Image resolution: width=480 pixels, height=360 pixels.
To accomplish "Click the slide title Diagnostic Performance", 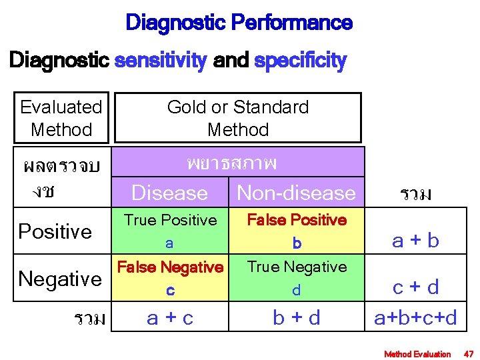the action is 239,24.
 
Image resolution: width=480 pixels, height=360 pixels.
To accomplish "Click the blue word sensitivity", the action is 161,61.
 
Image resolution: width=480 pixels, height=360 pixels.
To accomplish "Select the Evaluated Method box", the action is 61,118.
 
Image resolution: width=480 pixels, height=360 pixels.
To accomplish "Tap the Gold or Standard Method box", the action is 238,118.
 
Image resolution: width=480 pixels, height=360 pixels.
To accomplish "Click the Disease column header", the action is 170,193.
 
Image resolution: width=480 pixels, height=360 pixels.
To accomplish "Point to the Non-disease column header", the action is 297,193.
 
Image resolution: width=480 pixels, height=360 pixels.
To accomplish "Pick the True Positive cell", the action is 170,231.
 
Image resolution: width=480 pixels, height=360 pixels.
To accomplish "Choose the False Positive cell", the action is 297,231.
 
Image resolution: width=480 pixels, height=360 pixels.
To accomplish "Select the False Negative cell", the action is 170,277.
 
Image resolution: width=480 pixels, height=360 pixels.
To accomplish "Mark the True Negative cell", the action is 297,277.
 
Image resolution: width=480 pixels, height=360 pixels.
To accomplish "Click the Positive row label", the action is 55,231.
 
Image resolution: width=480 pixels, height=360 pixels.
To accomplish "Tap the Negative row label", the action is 60,278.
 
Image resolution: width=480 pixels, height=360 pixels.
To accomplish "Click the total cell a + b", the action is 416,241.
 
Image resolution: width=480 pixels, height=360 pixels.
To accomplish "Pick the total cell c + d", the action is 416,287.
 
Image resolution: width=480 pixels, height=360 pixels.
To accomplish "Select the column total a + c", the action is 170,318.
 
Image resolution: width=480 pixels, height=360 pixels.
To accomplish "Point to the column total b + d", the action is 297,318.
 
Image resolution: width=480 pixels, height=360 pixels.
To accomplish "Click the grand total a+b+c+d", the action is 416,318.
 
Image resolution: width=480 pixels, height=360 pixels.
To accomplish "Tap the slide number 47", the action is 468,354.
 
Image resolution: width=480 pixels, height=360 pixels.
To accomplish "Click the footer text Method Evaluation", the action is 417,354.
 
